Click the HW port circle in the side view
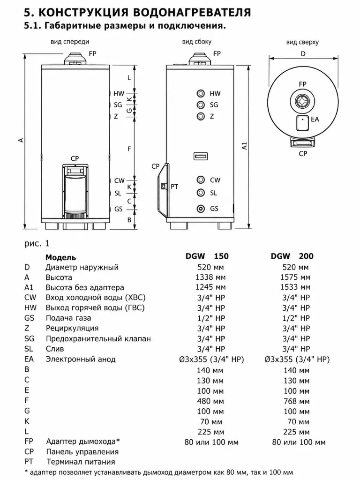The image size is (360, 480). click(x=201, y=93)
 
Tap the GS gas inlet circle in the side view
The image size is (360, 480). click(x=201, y=209)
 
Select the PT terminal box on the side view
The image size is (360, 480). click(x=164, y=186)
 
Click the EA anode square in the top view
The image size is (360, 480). click(x=302, y=123)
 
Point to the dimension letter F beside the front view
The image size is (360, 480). click(x=129, y=149)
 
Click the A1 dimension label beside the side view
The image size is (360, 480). click(x=244, y=145)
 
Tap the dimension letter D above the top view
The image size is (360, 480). click(x=303, y=54)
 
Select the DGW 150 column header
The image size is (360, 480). click(x=207, y=256)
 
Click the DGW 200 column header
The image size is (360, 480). click(x=292, y=256)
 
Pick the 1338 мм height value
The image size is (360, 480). click(x=210, y=277)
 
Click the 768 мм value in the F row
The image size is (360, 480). click(x=297, y=401)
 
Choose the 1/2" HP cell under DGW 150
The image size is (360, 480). click(x=211, y=318)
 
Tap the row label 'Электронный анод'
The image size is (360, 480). click(x=81, y=359)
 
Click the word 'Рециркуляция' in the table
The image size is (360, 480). click(x=72, y=329)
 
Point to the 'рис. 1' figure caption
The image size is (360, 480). click(x=37, y=244)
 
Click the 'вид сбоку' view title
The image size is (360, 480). click(x=197, y=42)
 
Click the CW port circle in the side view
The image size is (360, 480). click(x=201, y=180)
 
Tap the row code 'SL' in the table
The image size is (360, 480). click(x=29, y=349)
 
